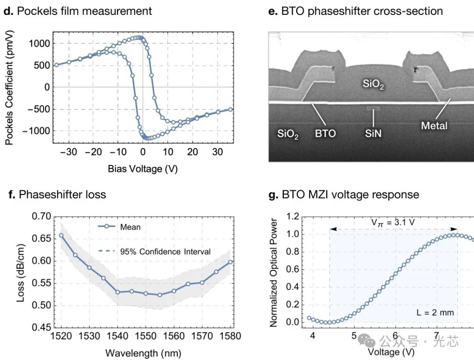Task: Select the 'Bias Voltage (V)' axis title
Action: (x=143, y=169)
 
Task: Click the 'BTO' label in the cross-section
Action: (x=325, y=133)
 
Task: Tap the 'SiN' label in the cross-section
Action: (x=373, y=133)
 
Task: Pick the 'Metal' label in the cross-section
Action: (x=434, y=126)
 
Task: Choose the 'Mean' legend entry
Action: (x=130, y=227)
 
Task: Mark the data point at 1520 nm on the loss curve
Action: (x=61, y=235)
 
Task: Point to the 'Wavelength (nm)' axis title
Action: (x=144, y=353)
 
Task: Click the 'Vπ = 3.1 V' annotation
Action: (x=393, y=222)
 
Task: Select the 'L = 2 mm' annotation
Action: (x=435, y=313)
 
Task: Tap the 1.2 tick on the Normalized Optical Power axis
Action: (x=293, y=216)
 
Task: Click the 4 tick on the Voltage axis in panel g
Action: (x=312, y=336)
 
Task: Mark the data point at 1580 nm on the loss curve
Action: (x=230, y=262)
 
